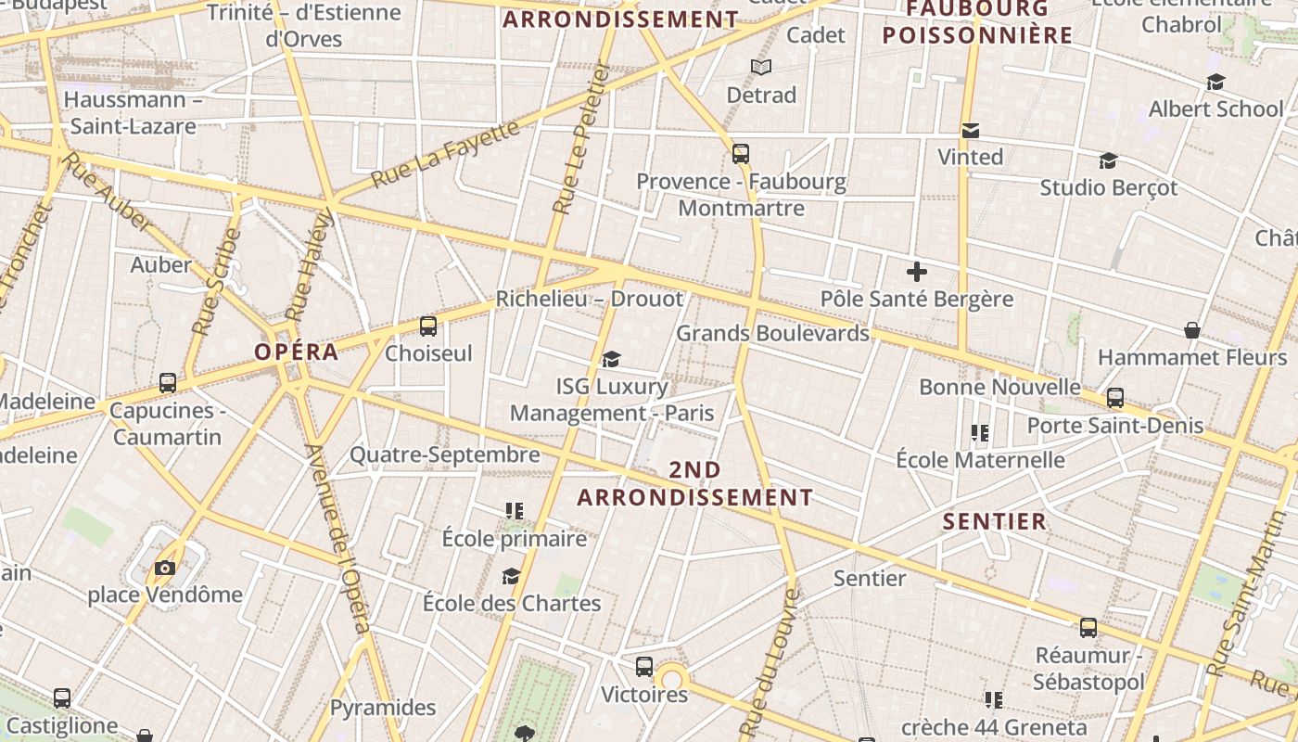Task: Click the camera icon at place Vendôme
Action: (x=165, y=568)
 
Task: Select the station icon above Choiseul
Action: (x=427, y=326)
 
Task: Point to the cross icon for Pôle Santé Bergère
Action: (x=917, y=272)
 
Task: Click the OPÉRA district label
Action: (x=297, y=352)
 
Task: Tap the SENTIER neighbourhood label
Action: (x=995, y=521)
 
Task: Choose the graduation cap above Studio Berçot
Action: (x=1108, y=161)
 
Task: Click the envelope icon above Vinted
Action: (x=971, y=130)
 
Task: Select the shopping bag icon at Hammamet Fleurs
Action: (x=1192, y=330)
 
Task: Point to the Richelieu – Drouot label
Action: (x=590, y=299)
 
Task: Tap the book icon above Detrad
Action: (x=761, y=67)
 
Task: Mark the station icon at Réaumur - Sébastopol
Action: (x=1088, y=628)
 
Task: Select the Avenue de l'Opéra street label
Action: (x=338, y=538)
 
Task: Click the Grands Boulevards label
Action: (x=772, y=333)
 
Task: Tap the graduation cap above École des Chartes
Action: (x=511, y=577)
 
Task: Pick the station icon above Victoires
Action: (x=644, y=667)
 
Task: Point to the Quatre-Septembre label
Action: (x=444, y=454)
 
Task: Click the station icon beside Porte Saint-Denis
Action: (x=1115, y=398)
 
